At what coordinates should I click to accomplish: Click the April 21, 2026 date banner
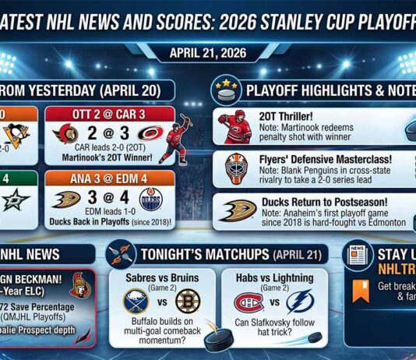tap(207, 55)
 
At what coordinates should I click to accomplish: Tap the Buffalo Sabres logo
tap(136, 301)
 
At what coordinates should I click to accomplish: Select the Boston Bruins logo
tap(187, 301)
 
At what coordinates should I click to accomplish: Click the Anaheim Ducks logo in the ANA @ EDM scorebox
tap(68, 199)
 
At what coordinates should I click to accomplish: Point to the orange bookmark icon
tap(360, 291)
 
